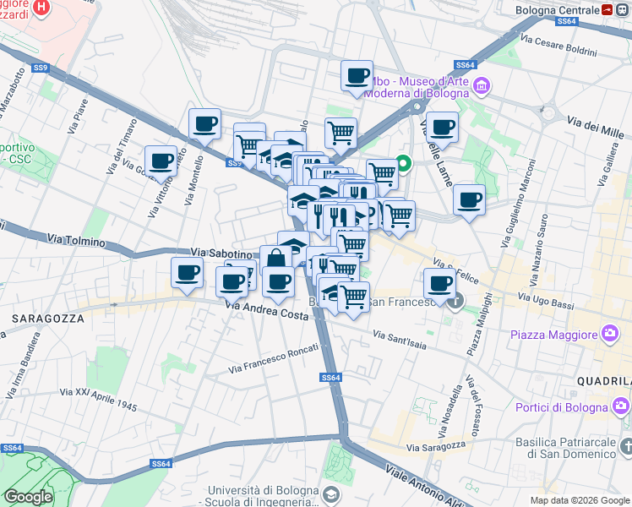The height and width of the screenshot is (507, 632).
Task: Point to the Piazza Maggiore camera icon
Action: [609, 335]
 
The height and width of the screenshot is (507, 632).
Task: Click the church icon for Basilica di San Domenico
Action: [625, 445]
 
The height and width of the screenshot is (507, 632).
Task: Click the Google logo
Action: [29, 496]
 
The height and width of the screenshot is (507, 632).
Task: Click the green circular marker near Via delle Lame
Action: [404, 163]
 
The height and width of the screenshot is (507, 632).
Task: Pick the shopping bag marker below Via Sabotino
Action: [275, 259]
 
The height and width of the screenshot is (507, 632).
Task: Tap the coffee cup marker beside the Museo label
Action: [357, 75]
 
